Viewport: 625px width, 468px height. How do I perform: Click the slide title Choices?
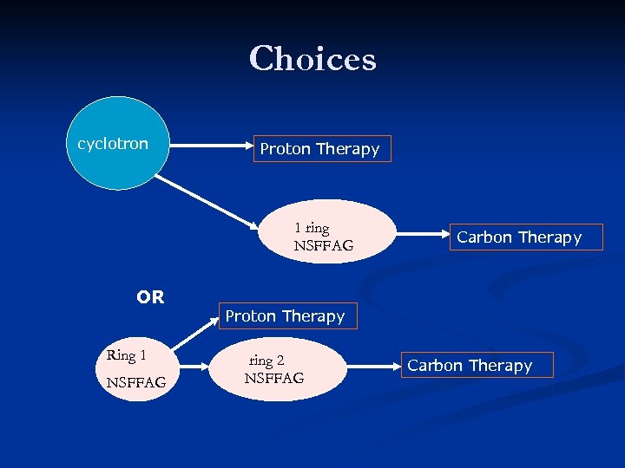pyautogui.click(x=312, y=59)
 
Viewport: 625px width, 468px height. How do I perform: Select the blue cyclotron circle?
pyautogui.click(x=117, y=143)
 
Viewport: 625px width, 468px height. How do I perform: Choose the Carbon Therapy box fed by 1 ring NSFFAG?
pyautogui.click(x=518, y=237)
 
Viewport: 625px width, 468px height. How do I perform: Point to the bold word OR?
pyautogui.click(x=150, y=297)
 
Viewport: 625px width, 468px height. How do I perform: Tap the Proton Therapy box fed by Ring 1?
pyautogui.click(x=285, y=316)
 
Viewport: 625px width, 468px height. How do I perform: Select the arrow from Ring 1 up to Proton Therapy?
pyautogui.click(x=197, y=334)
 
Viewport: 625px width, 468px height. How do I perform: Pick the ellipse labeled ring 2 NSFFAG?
pyautogui.click(x=273, y=369)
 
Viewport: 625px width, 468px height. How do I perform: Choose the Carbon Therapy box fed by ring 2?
pyautogui.click(x=469, y=366)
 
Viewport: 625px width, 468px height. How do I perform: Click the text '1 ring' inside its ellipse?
pyautogui.click(x=312, y=228)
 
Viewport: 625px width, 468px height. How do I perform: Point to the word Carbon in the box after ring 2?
pyautogui.click(x=435, y=366)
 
